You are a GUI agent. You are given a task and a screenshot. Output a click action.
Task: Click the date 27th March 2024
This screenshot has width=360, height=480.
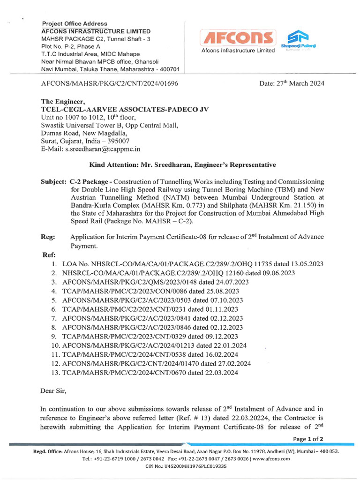click(x=292, y=83)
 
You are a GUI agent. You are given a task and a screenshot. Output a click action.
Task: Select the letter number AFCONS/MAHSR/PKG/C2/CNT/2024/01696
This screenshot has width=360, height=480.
click(x=110, y=84)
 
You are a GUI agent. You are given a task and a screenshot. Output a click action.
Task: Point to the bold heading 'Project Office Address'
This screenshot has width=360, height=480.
click(x=75, y=23)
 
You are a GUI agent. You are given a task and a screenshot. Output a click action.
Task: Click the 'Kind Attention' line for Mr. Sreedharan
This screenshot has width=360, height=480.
click(x=183, y=165)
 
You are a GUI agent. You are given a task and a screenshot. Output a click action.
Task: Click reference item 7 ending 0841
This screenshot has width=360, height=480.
click(x=152, y=318)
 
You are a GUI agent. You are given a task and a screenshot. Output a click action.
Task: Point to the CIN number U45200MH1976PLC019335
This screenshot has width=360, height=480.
click(x=183, y=467)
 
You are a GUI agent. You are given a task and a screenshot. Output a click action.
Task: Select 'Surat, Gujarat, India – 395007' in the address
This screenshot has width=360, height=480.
click(x=85, y=141)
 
